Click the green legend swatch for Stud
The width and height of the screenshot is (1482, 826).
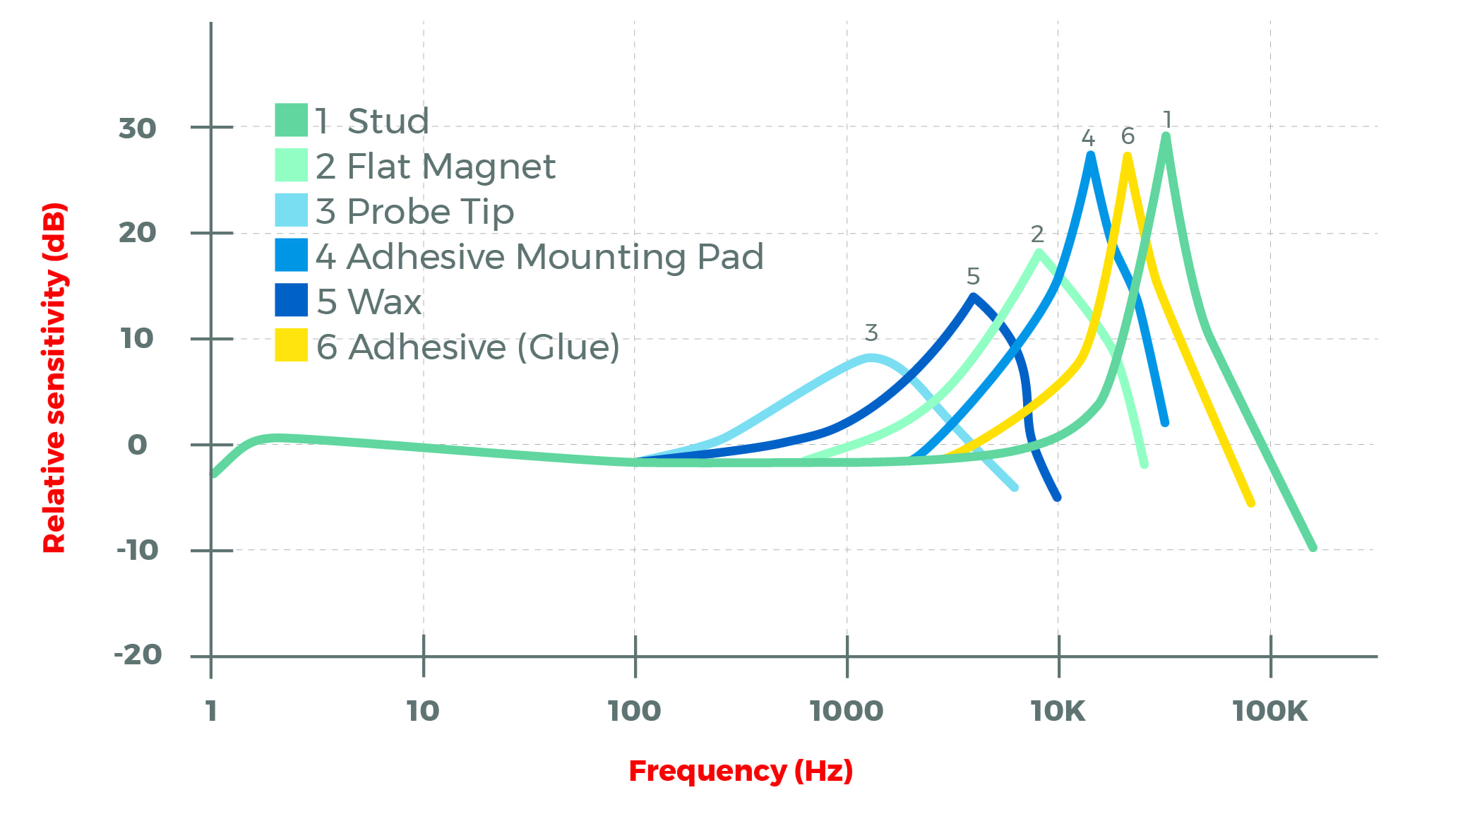click(x=291, y=120)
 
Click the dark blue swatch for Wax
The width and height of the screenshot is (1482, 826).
click(x=291, y=300)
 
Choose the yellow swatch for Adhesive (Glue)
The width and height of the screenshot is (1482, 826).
click(x=291, y=345)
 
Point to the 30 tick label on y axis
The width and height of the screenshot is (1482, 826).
click(x=137, y=128)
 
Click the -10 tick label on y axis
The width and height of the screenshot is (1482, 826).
click(x=137, y=550)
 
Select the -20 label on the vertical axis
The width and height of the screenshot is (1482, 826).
click(x=137, y=654)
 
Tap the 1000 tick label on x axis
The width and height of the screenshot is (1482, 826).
click(x=846, y=711)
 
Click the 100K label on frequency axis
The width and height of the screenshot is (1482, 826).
click(x=1269, y=711)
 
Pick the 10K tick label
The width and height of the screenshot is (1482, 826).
click(x=1058, y=711)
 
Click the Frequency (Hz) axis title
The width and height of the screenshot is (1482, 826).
click(x=741, y=771)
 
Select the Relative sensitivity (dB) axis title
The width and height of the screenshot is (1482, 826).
click(x=54, y=378)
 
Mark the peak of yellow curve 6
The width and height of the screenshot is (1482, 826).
click(x=1128, y=156)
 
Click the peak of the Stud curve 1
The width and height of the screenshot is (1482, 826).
click(x=1166, y=136)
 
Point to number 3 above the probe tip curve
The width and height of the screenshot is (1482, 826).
click(x=871, y=333)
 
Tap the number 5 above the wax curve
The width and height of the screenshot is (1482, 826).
click(x=973, y=276)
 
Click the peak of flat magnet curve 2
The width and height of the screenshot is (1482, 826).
click(x=1039, y=252)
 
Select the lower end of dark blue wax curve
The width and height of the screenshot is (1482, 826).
click(x=1057, y=497)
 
